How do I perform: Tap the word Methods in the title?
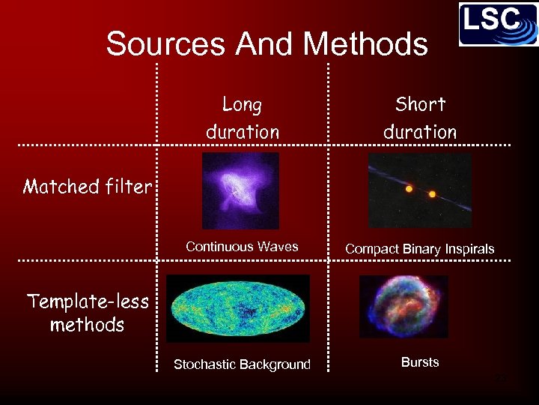tap(367, 43)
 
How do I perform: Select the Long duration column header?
tap(242, 118)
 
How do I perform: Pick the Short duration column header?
tap(419, 118)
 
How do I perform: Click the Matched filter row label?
tap(87, 186)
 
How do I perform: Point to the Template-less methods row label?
tap(88, 313)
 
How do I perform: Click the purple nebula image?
tap(240, 190)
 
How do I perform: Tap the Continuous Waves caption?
tap(242, 247)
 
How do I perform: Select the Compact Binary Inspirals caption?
tap(419, 249)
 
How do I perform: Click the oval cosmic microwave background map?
tap(237, 307)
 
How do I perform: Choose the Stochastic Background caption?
tap(242, 364)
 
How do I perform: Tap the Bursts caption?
tap(419, 362)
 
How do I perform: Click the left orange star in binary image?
tap(409, 189)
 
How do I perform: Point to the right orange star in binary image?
tap(432, 194)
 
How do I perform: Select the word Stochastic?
tap(205, 364)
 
